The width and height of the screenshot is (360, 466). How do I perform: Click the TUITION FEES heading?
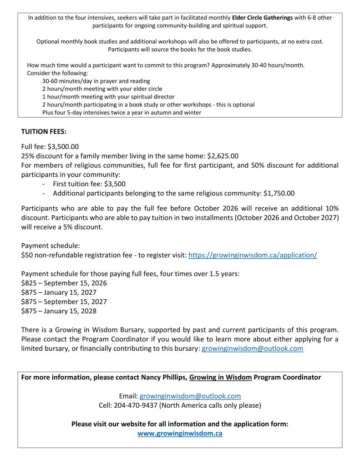click(44, 132)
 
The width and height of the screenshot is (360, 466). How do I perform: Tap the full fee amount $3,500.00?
click(63, 147)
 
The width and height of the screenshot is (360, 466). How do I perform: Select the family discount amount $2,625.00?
click(223, 156)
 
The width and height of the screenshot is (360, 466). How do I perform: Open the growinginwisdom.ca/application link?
click(253, 255)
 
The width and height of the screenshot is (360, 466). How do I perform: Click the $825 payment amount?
click(29, 283)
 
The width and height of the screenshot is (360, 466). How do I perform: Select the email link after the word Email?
click(190, 396)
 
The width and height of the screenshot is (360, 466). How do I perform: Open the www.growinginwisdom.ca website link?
click(180, 434)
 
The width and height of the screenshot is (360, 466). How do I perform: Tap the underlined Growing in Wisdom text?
click(218, 377)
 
